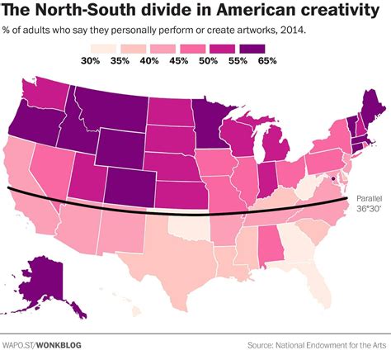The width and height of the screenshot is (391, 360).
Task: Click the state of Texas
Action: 173,252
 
